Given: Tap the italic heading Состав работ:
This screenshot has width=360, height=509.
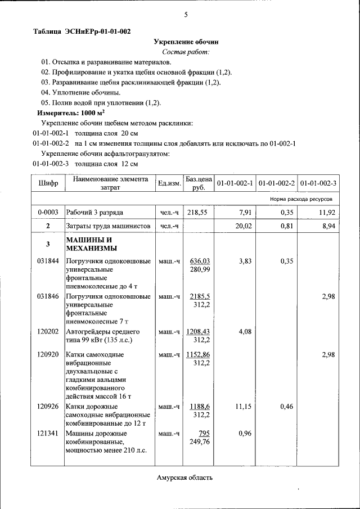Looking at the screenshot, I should pyautogui.click(x=186, y=52).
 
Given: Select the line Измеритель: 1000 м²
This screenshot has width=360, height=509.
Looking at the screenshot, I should pyautogui.click(x=71, y=112).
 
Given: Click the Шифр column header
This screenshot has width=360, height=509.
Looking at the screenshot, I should pyautogui.click(x=48, y=183).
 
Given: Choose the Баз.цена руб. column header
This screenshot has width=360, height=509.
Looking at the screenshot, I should pyautogui.click(x=198, y=183).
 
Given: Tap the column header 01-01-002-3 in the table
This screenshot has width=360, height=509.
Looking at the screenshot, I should pyautogui.click(x=318, y=183).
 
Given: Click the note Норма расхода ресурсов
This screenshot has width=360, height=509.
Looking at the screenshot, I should pyautogui.click(x=300, y=200).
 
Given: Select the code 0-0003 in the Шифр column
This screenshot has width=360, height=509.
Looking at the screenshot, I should pyautogui.click(x=48, y=213).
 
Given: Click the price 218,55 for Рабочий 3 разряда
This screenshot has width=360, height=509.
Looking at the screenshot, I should pyautogui.click(x=197, y=213).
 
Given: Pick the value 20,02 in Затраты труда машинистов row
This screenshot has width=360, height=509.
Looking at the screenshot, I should pyautogui.click(x=243, y=226).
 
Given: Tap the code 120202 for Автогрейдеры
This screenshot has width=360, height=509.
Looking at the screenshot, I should pyautogui.click(x=48, y=332).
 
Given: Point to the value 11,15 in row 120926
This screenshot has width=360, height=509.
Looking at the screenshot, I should pyautogui.click(x=243, y=407).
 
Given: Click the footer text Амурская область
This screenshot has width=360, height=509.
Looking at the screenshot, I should pyautogui.click(x=185, y=478).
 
